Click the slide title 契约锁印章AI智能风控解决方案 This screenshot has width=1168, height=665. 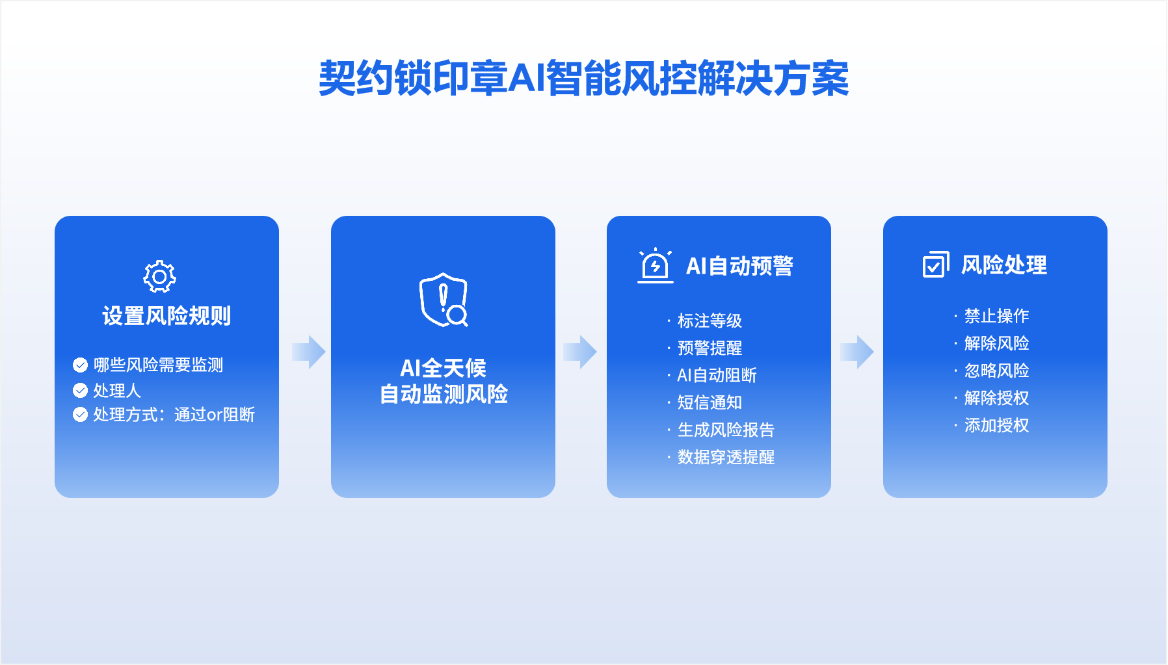click(583, 79)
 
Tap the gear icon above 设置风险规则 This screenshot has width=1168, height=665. click(159, 277)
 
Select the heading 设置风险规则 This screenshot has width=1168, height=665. click(166, 316)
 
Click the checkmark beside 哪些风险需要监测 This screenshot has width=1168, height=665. click(80, 365)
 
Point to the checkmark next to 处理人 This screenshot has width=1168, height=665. click(80, 390)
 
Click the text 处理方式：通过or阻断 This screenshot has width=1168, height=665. click(174, 415)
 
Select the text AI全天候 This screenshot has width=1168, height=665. click(443, 368)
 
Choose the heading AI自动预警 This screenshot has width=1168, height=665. click(739, 266)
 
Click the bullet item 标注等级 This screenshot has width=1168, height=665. click(710, 320)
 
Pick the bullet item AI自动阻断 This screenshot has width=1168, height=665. click(717, 375)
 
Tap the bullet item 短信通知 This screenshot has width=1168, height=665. click(710, 402)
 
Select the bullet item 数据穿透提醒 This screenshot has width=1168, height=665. click(726, 457)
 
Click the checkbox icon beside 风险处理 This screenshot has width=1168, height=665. click(936, 265)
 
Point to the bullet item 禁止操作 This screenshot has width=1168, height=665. click(996, 316)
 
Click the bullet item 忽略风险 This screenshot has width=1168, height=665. click(996, 371)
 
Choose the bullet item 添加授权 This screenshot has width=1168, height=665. click(996, 425)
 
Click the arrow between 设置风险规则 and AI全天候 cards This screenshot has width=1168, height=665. click(309, 352)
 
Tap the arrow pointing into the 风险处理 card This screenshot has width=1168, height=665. click(857, 352)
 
